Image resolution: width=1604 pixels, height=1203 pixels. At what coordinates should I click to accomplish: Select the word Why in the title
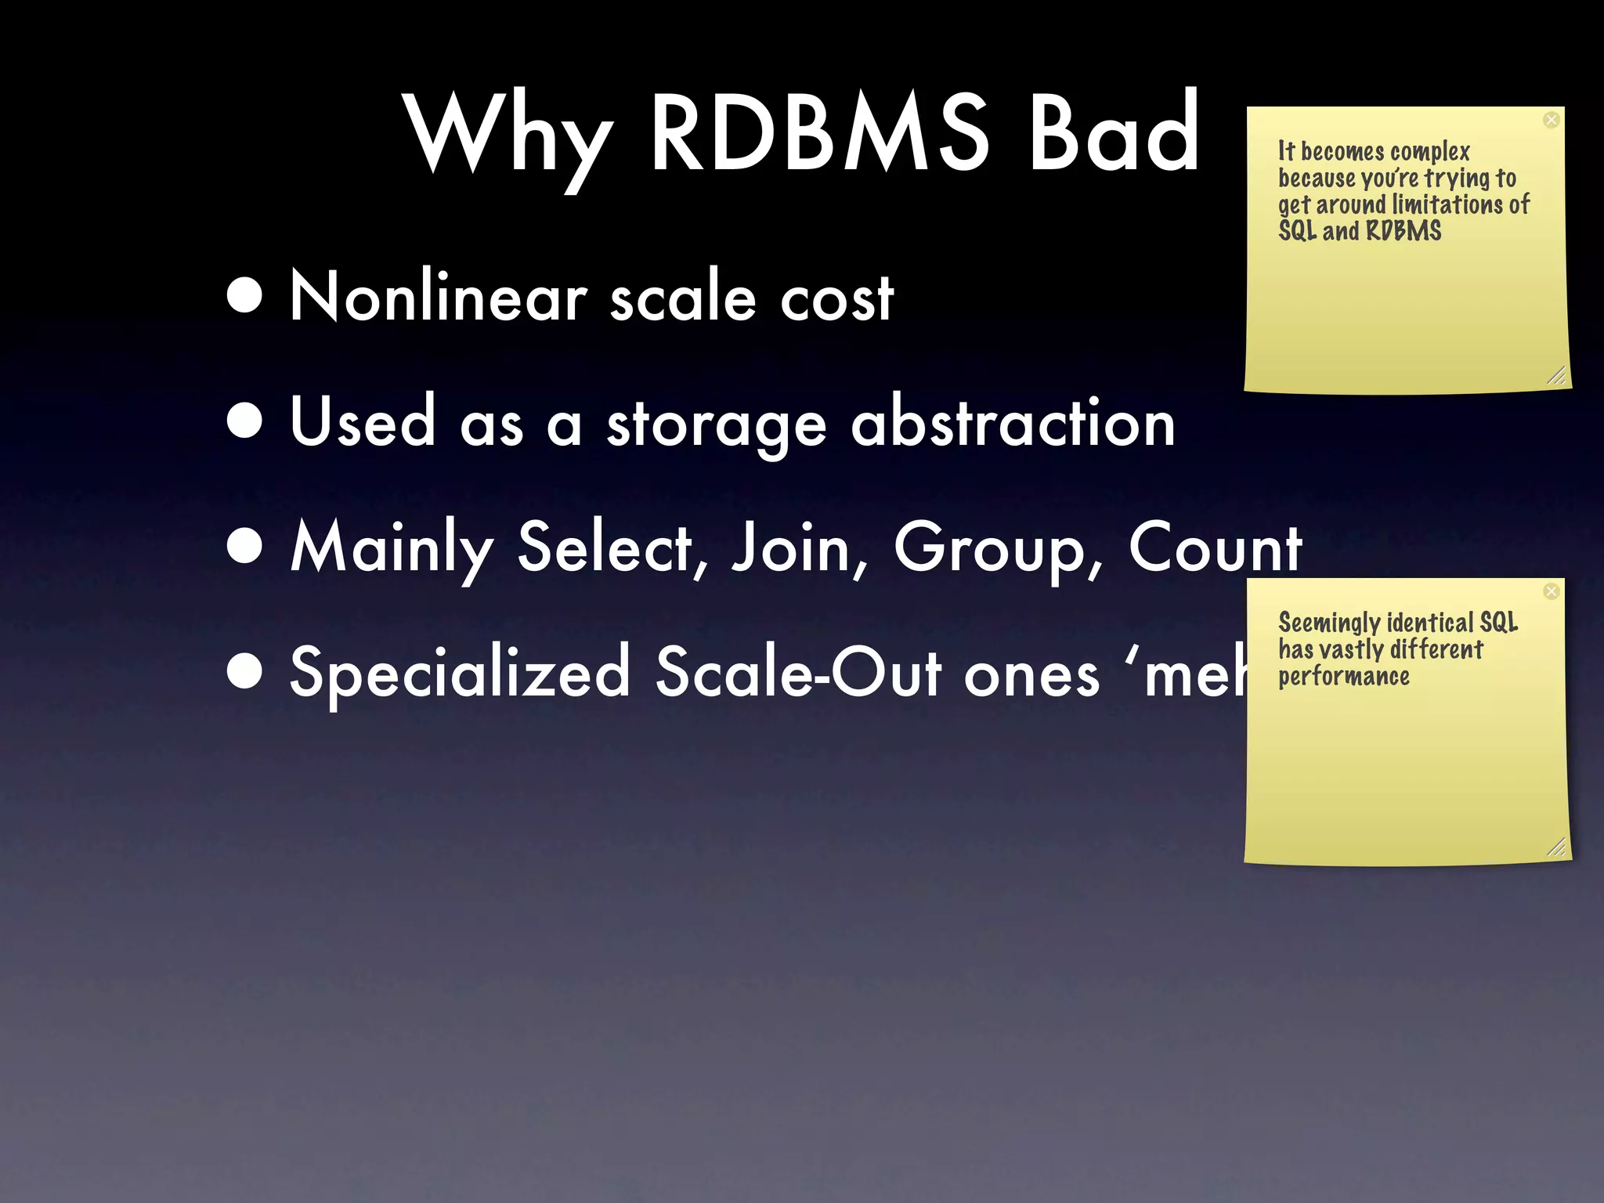509,137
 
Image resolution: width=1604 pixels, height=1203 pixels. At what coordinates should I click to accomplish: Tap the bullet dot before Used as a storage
245,421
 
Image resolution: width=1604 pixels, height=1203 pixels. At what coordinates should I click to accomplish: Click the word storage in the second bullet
717,427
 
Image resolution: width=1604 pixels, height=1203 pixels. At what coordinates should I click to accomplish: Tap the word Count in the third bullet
1215,548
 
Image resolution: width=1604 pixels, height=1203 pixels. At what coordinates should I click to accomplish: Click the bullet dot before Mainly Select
245,547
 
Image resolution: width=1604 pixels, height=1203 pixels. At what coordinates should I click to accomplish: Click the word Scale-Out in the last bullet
799,672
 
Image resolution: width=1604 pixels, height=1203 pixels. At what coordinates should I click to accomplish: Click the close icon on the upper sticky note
1551,120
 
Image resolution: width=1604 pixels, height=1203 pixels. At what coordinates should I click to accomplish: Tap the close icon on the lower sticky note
1551,591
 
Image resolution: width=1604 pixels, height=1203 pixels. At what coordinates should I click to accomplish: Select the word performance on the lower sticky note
1344,677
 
